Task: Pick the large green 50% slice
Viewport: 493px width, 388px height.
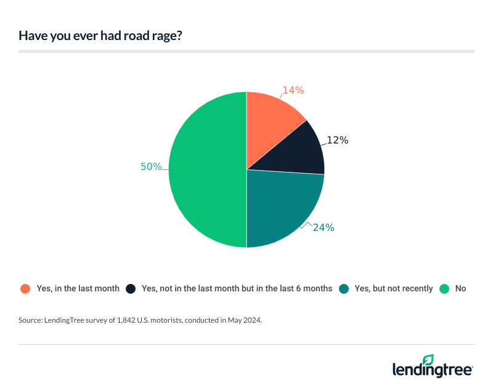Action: pos(206,169)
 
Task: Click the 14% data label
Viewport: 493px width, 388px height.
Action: pos(293,90)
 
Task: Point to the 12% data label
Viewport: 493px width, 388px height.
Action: pos(338,140)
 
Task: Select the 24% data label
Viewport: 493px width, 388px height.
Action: pos(324,227)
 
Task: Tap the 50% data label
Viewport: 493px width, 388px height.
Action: pos(151,166)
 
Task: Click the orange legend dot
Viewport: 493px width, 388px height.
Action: pos(25,288)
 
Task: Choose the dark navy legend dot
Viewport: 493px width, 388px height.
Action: pos(131,288)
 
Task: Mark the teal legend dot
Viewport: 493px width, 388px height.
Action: pos(344,288)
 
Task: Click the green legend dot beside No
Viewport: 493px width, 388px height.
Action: pos(444,288)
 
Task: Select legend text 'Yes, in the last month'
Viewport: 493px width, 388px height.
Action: pos(78,288)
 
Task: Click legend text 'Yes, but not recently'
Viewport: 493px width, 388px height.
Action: pos(394,288)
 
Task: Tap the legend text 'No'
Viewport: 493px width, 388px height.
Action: pos(461,288)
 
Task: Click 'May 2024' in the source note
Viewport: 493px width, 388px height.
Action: pos(245,320)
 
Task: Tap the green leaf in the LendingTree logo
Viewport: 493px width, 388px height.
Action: pos(429,359)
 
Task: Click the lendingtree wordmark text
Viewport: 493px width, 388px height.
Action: pos(431,370)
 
